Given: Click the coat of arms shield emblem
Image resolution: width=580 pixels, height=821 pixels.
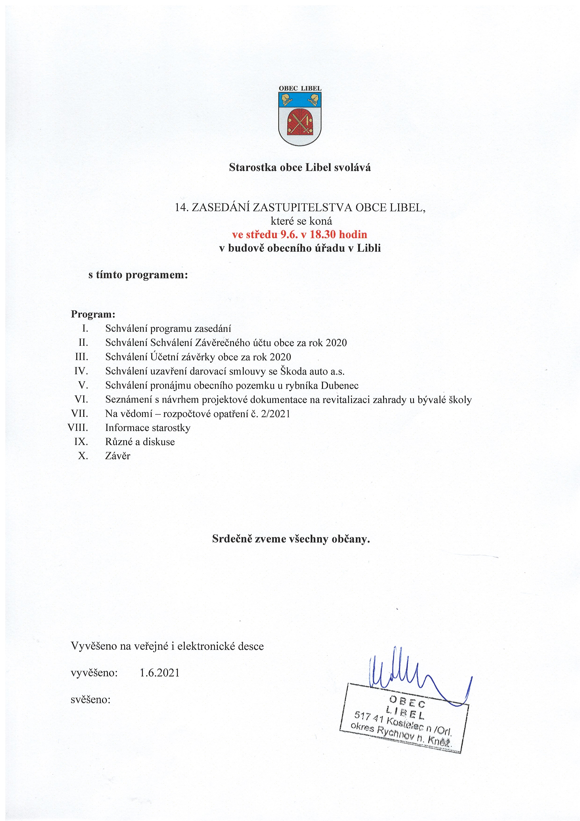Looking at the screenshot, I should pos(300,118).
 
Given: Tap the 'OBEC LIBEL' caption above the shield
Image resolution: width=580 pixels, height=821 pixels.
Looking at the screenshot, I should pos(300,88).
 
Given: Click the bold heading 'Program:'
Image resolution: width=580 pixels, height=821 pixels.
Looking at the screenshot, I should pos(93,314).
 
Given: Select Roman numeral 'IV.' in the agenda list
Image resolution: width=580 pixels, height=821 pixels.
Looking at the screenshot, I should pos(81,371).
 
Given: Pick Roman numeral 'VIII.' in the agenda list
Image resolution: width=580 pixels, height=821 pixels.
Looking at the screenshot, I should pos(78,428).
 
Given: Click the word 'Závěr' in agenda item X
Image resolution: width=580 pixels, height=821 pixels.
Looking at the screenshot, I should pos(118,456).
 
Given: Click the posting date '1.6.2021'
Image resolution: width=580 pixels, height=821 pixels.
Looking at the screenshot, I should pos(159,673).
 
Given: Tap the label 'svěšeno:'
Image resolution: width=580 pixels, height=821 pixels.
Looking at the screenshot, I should pos(91,700).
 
